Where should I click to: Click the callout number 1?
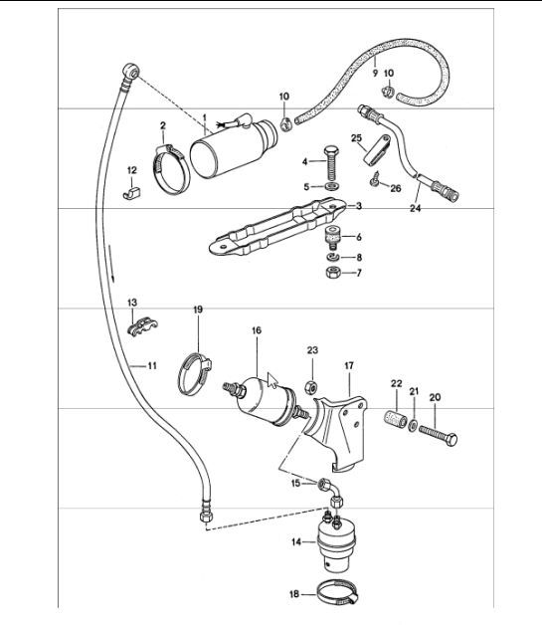point(205,116)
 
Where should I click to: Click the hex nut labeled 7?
point(331,273)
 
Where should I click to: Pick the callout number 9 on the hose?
point(375,74)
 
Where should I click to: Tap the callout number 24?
point(416,210)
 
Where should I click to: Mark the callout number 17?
point(350,366)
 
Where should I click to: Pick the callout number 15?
point(295,483)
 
